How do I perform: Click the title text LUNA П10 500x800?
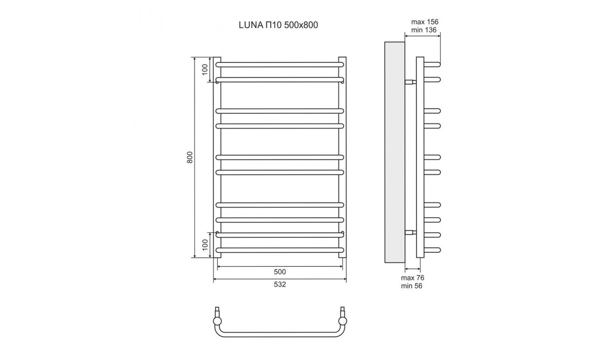[278, 25]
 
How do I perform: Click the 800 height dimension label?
[190, 157]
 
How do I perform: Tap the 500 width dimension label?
[280, 271]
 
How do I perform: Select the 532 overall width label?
[280, 284]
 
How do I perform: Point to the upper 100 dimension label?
[205, 69]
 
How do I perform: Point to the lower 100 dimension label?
[205, 245]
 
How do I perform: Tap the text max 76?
[413, 278]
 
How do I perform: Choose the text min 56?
[412, 286]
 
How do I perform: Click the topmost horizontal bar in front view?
[280, 64]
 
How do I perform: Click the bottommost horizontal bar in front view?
[280, 250]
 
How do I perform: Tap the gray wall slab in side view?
[394, 152]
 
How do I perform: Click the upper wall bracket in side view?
[410, 82]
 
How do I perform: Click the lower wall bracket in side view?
[410, 232]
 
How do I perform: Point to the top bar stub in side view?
[432, 64]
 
